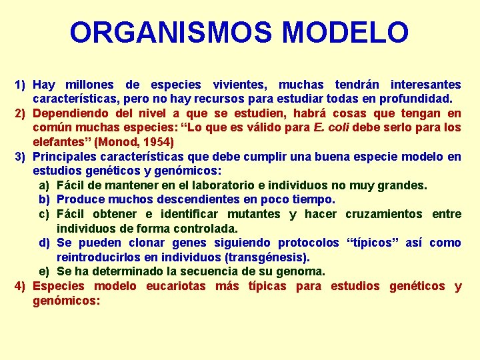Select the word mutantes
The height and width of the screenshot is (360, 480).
255,214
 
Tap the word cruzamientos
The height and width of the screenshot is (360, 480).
383,214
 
